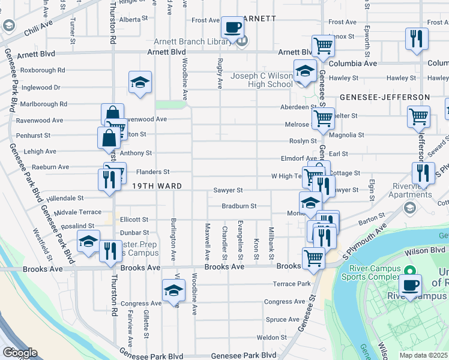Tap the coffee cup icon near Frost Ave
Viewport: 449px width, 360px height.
(x=232, y=27)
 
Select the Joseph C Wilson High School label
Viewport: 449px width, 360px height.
(x=262, y=80)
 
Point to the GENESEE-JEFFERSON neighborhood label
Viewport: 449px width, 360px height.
(x=385, y=97)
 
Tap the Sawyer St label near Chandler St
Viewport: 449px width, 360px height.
(x=228, y=190)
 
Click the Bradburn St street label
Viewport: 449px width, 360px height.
(x=239, y=206)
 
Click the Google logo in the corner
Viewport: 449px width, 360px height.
(x=20, y=353)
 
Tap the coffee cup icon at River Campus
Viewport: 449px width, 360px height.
(x=410, y=285)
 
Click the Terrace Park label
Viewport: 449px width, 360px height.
(x=292, y=283)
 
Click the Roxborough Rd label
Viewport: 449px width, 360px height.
(x=42, y=70)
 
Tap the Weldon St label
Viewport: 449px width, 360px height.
(x=271, y=338)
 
